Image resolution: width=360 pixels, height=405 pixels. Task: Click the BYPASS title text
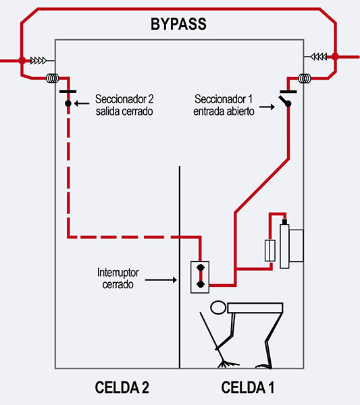(178, 24)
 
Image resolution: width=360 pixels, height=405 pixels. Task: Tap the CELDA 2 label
(122, 387)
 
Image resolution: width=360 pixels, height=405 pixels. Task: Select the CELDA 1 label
(248, 387)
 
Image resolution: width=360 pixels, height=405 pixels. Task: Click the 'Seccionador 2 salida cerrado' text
(124, 105)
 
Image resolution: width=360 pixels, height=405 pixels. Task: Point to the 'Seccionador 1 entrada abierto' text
(224, 105)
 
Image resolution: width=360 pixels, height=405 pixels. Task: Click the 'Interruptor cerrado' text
(118, 278)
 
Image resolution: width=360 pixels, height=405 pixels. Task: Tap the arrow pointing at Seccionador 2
(82, 103)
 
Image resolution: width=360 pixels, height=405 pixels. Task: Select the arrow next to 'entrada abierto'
(267, 107)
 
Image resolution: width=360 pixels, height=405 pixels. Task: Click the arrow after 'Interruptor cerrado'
(161, 279)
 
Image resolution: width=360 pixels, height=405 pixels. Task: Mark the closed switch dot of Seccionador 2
(68, 103)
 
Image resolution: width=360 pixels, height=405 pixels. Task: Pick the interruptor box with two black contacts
(200, 277)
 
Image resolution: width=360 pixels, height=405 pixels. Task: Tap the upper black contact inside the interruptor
(201, 267)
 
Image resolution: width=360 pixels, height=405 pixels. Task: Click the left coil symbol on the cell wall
(52, 78)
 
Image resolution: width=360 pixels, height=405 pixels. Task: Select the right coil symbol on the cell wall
(305, 78)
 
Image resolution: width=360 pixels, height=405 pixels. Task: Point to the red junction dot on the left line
(22, 61)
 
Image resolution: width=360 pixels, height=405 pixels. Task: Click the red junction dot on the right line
(335, 56)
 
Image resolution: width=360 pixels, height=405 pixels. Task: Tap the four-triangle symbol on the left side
(38, 61)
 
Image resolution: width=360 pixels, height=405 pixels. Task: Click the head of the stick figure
(218, 308)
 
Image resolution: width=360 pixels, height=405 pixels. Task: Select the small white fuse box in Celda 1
(270, 250)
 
